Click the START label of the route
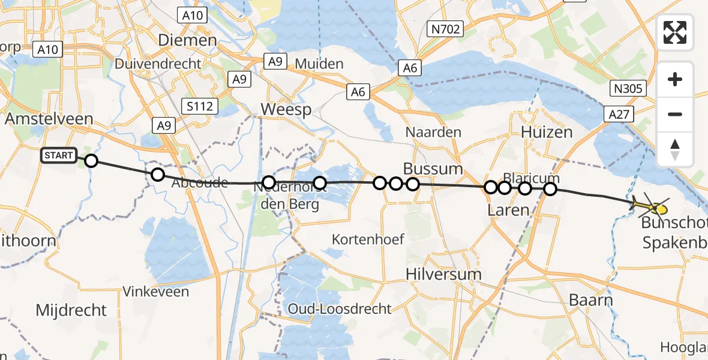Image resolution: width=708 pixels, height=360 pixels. [59, 156]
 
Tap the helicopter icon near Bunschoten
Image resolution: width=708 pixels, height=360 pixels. [650, 206]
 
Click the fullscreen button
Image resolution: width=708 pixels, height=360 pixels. [675, 32]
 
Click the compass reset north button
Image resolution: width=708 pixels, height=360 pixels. [675, 149]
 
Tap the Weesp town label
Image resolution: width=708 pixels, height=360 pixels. [286, 110]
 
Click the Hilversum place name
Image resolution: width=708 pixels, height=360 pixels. [443, 274]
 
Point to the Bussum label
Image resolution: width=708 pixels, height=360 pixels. [433, 169]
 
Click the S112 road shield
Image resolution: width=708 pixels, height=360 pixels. [200, 107]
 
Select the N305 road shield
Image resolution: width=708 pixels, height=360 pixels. [628, 89]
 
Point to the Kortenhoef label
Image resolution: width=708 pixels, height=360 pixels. [369, 239]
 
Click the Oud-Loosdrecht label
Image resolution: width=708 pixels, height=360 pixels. [340, 309]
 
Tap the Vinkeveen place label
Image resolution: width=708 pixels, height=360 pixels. [155, 292]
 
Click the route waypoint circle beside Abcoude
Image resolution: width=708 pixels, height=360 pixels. [157, 175]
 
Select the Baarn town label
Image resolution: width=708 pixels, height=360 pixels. [591, 300]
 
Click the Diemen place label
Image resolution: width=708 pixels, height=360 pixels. [187, 41]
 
